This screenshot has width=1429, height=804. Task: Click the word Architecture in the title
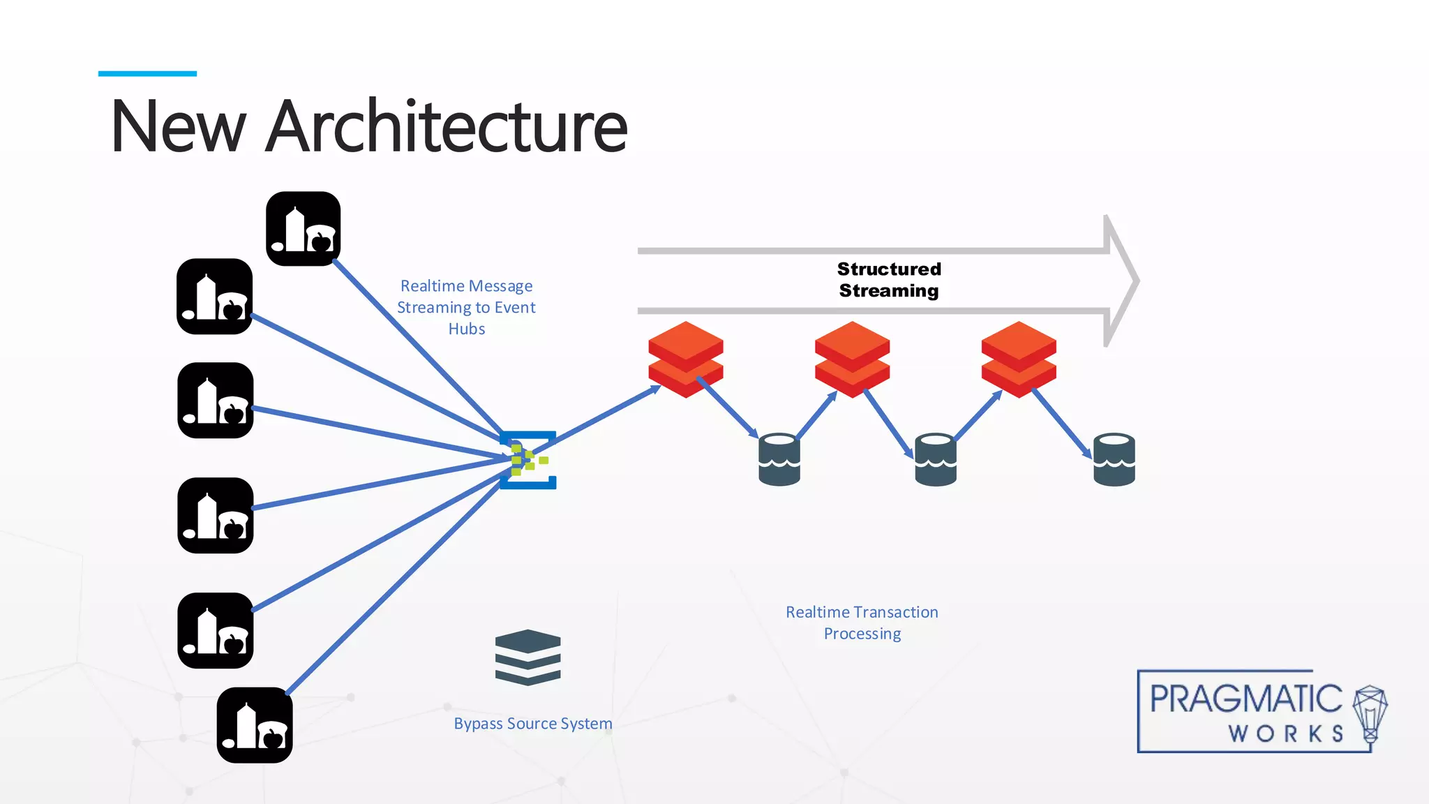447,127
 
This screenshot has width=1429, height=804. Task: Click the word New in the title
178,127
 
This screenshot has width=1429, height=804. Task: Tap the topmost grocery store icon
304,229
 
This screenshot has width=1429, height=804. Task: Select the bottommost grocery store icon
255,725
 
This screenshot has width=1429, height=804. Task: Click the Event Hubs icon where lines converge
528,460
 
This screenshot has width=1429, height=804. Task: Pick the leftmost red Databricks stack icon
685,359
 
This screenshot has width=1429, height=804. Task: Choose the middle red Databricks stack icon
852,359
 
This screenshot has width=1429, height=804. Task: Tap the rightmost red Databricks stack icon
1019,359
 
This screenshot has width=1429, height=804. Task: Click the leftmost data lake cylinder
779,459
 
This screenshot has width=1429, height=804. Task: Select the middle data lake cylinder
935,459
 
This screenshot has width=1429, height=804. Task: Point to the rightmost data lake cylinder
1114,459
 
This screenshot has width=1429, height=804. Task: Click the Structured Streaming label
889,280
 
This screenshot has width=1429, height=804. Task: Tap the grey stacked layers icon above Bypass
528,657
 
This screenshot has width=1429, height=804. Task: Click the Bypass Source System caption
533,724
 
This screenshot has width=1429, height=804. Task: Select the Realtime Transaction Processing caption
862,623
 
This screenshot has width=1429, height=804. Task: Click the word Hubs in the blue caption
466,329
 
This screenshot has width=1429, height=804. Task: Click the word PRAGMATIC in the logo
1245,699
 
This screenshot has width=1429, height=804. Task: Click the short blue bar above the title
147,73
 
